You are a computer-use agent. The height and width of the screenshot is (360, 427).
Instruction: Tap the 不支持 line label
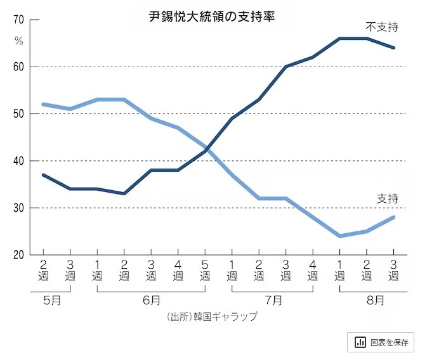pos(381,27)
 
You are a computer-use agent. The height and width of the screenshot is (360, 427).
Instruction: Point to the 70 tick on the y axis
pos(18,20)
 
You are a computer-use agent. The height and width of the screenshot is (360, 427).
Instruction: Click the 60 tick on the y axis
pos(18,67)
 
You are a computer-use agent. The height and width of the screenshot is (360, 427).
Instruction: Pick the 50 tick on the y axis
pos(18,114)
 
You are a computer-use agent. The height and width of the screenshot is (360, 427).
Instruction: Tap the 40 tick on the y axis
pos(18,161)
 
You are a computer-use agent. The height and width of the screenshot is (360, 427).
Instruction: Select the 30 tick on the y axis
pos(18,208)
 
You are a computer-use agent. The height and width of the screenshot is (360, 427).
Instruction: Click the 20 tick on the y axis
pos(18,255)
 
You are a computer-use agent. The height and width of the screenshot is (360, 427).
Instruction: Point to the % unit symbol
pos(18,41)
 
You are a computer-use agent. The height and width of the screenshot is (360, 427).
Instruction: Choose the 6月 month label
pos(151,300)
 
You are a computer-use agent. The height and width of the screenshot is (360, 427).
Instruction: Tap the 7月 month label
pos(272,300)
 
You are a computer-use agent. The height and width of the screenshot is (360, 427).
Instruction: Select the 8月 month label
pos(375,300)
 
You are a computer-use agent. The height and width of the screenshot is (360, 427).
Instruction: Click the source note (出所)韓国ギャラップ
pos(213,316)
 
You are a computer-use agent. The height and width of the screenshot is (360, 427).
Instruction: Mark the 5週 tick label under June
pos(205,269)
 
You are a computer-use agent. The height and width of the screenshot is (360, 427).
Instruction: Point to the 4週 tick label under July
pos(313,269)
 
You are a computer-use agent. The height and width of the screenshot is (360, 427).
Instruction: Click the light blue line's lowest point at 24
pos(340,236)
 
